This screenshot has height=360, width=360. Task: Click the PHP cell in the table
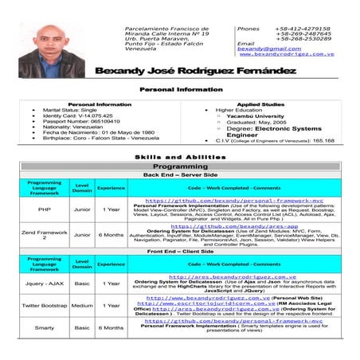tap(45, 209)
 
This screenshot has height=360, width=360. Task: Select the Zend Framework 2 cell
tap(45, 235)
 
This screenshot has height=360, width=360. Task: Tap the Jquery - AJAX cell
tap(45, 283)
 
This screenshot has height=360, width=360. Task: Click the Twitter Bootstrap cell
tap(45, 305)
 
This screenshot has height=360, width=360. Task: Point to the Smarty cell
tap(45, 327)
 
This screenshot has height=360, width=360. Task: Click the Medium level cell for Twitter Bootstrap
tap(81, 305)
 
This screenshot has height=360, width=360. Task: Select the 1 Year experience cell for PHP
tap(111, 209)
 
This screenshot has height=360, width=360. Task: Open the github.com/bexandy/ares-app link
tap(229, 225)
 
